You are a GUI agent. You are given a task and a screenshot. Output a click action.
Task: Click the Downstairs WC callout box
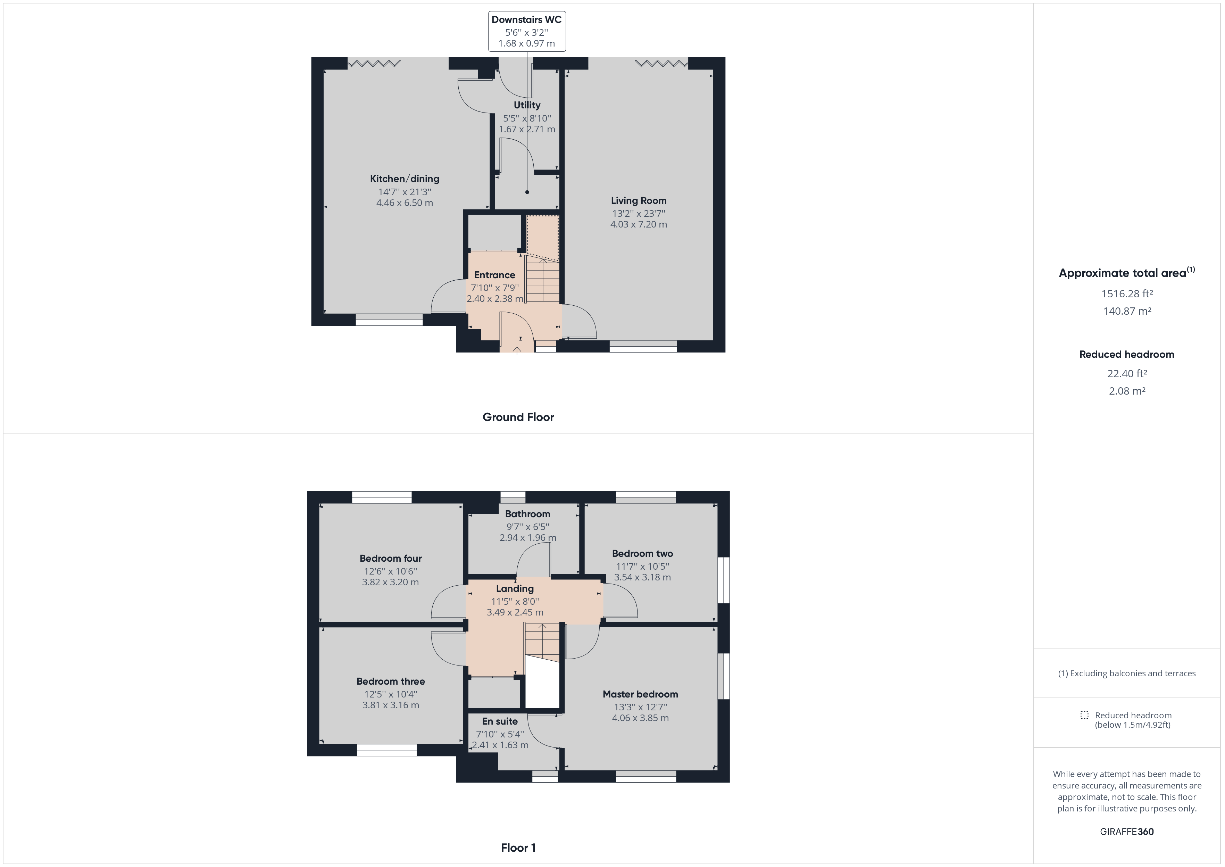pos(527,32)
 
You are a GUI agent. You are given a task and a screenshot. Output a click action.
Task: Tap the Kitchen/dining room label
pos(405,179)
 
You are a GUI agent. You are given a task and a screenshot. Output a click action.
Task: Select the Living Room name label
pos(639,201)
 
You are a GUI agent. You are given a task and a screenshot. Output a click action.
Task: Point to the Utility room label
pos(527,105)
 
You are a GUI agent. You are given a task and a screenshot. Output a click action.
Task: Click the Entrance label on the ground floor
pos(494,275)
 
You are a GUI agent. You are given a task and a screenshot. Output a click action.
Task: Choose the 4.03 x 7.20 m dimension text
pos(639,225)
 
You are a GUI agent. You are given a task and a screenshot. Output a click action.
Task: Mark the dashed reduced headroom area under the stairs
pos(543,238)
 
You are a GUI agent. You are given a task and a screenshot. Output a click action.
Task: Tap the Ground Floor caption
pos(518,417)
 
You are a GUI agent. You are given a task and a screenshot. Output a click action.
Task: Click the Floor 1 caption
pos(518,847)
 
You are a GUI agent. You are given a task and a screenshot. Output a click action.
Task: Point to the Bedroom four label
pos(391,559)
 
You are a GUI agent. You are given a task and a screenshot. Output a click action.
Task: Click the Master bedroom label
pos(640,694)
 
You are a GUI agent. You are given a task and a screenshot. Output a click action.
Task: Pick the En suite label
pos(500,721)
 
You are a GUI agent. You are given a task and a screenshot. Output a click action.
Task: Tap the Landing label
pos(515,589)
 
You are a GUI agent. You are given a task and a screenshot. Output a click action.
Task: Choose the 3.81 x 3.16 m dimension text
pos(391,705)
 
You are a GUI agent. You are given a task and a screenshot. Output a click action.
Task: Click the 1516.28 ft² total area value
pos(1127,294)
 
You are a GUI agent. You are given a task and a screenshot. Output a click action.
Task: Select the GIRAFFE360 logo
pos(1127,831)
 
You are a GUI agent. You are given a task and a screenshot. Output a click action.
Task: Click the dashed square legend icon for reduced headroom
pos(1084,715)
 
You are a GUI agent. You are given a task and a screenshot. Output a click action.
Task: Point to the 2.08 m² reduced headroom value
pos(1127,391)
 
